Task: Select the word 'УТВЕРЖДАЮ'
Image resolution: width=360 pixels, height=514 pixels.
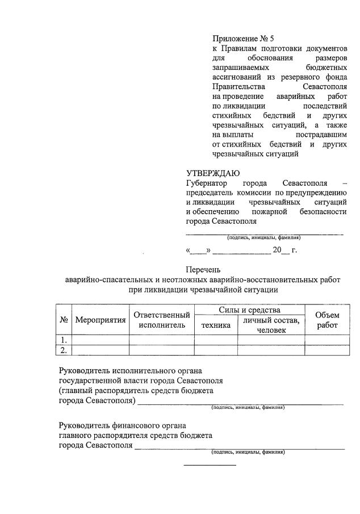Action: pos(213,174)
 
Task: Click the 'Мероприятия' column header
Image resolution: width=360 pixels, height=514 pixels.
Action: pos(100,320)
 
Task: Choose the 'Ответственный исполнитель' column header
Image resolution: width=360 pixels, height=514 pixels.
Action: pos(161,320)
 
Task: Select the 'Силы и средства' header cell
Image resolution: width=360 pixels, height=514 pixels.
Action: pos(249,310)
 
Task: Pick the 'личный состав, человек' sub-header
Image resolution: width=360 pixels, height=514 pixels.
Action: pos(271,325)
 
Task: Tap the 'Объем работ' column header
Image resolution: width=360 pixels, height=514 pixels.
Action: pos(327,320)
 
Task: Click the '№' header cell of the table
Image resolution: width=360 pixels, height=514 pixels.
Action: pos(64,320)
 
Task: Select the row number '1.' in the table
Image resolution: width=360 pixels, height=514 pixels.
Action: pos(64,340)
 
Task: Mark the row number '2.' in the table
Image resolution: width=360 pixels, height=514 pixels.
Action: pos(64,350)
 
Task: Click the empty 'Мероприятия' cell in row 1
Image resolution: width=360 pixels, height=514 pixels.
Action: pos(100,340)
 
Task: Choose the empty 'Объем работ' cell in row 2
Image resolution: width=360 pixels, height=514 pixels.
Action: pos(327,350)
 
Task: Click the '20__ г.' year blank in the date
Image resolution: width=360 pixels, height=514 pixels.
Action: pos(284,249)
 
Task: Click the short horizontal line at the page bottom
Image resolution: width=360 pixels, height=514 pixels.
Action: pos(210,465)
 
